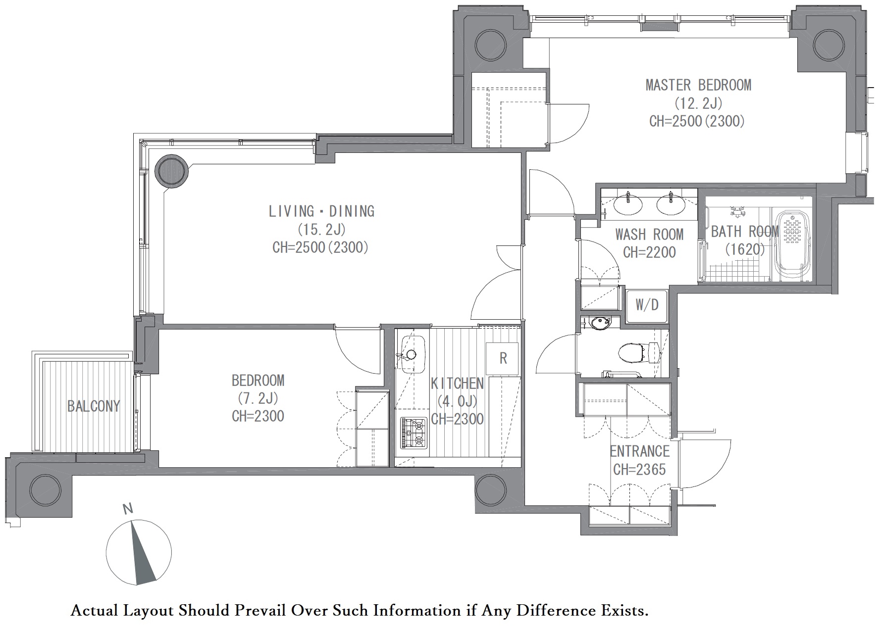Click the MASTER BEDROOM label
click(698, 85)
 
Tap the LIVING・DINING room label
click(321, 211)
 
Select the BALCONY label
click(94, 406)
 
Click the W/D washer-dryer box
click(647, 305)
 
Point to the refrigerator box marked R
click(503, 358)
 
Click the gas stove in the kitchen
click(414, 434)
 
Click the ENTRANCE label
click(639, 451)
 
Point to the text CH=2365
click(639, 469)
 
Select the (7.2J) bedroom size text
click(258, 398)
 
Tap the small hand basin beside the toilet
click(600, 323)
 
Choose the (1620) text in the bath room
click(745, 249)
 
